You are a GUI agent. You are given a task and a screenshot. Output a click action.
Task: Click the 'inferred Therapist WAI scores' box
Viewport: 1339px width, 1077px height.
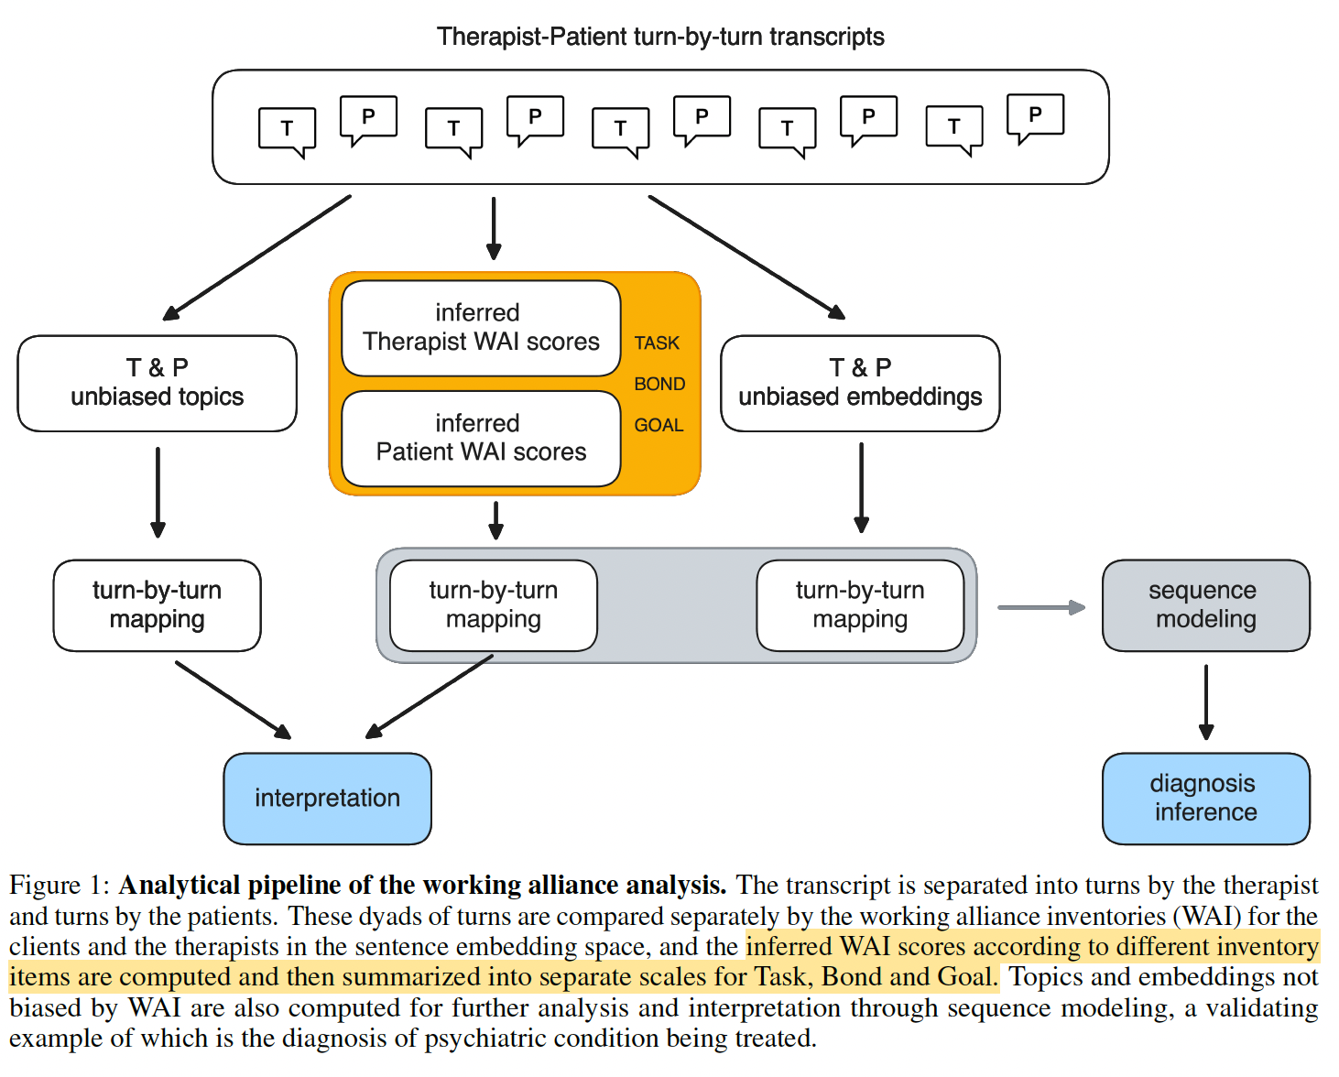[x=481, y=328]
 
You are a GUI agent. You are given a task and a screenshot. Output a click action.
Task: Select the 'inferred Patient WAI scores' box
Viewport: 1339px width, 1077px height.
[x=481, y=439]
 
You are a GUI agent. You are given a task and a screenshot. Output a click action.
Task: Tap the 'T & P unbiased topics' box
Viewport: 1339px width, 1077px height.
[x=157, y=383]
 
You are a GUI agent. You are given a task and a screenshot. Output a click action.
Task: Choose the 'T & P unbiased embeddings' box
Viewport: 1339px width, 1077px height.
[x=860, y=383]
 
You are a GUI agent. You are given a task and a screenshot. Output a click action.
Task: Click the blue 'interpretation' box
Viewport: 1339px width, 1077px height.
[x=327, y=799]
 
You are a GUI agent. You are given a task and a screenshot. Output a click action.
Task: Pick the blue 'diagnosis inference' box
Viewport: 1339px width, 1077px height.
[x=1206, y=799]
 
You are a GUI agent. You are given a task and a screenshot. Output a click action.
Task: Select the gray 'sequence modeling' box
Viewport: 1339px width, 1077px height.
[x=1206, y=605]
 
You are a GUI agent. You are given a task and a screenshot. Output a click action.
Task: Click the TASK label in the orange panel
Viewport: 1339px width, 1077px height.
[x=657, y=343]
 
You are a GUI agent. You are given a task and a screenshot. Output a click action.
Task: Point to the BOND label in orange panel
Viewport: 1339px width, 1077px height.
[x=659, y=384]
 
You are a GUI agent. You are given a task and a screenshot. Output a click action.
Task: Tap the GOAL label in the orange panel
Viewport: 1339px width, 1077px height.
[x=659, y=425]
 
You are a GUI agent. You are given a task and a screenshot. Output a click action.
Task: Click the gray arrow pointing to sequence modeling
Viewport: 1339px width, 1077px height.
[x=1041, y=607]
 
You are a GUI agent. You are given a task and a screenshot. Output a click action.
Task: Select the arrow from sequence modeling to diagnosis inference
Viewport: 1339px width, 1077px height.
[x=1206, y=702]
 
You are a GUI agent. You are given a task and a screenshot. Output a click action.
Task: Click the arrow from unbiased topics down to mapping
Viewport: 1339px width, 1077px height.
[x=158, y=492]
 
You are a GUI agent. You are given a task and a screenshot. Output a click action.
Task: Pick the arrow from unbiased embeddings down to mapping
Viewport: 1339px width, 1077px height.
[x=861, y=488]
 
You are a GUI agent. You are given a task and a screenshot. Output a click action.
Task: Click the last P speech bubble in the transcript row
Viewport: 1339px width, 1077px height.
[x=1035, y=119]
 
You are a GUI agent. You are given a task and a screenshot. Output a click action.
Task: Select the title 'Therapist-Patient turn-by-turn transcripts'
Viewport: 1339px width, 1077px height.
[x=660, y=38]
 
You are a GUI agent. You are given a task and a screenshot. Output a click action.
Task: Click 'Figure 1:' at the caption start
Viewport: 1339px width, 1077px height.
[x=60, y=886]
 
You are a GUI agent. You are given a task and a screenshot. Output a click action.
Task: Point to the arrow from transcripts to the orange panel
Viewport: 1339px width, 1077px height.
[x=494, y=228]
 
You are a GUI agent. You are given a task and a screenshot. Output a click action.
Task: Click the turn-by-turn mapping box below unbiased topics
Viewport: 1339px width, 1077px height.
[x=157, y=605]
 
